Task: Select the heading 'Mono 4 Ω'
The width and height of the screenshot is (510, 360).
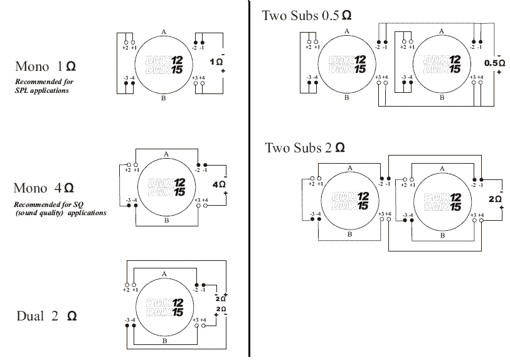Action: click(44, 188)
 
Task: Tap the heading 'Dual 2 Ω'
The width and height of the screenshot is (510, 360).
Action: click(46, 316)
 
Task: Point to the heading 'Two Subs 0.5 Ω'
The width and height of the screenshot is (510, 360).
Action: click(306, 16)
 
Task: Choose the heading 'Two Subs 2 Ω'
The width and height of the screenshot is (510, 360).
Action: click(304, 148)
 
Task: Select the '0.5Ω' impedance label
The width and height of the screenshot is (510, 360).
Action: click(494, 63)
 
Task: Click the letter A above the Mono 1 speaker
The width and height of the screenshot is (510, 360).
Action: click(163, 31)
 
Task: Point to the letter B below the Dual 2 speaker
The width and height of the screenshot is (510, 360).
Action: click(164, 341)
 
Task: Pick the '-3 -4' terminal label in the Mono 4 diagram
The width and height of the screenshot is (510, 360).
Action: click(130, 200)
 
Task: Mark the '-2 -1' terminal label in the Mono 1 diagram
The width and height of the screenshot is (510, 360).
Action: click(201, 47)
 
